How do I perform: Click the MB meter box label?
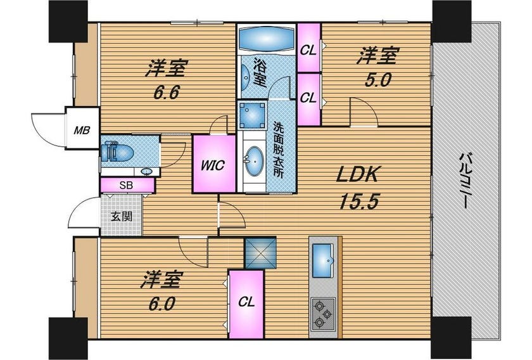82,130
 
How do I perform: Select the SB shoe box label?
126,186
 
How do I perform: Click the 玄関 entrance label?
122,216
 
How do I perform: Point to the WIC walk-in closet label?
213,165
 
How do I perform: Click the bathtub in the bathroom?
266,39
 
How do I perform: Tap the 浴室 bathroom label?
260,73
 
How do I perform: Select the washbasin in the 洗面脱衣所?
255,162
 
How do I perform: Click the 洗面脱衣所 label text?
279,150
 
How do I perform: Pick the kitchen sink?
323,260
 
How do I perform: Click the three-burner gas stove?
323,314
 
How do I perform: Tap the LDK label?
357,174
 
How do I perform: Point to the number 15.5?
358,202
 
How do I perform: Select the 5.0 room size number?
378,80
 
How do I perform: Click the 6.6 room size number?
166,92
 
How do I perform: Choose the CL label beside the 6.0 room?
246,302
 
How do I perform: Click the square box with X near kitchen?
260,253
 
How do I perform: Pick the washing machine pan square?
252,115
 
